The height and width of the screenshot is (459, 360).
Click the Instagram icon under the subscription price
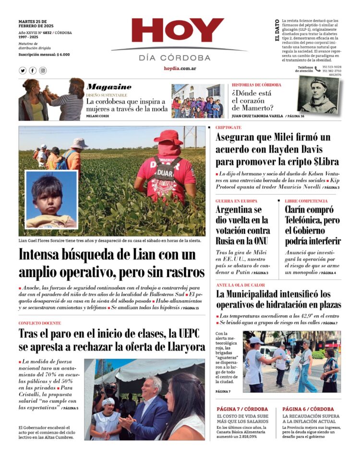click(x=43, y=71)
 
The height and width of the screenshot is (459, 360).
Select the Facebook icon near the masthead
click(x=33, y=71)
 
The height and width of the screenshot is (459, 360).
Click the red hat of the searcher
click(x=168, y=137)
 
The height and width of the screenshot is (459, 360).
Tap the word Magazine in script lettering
click(x=109, y=87)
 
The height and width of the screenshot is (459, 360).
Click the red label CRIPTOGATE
click(x=228, y=128)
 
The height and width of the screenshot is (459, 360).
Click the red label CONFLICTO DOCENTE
click(x=40, y=323)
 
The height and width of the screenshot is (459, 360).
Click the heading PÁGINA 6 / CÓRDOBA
click(x=309, y=409)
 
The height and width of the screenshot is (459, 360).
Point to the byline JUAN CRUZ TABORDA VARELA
click(x=257, y=116)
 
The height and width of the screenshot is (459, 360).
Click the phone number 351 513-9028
click(x=332, y=67)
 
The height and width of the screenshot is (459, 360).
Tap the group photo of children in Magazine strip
click(x=197, y=102)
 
